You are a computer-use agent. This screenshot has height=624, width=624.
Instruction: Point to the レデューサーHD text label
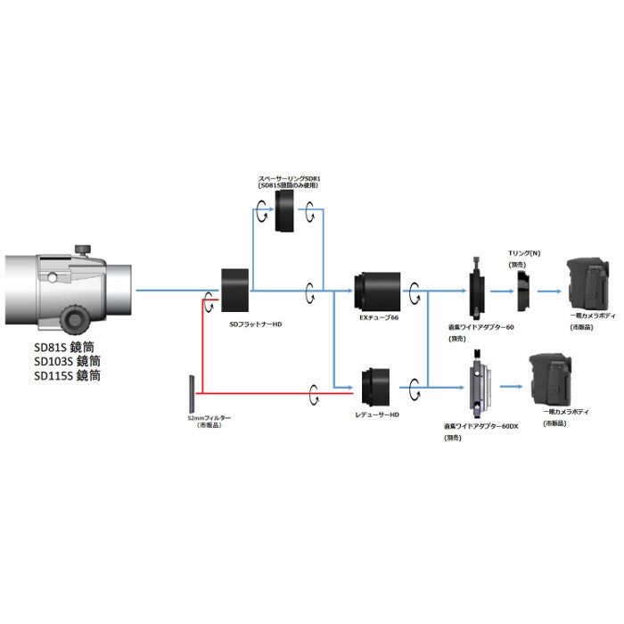pos(380,415)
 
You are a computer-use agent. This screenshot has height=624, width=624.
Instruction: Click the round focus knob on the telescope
pos(74,317)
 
